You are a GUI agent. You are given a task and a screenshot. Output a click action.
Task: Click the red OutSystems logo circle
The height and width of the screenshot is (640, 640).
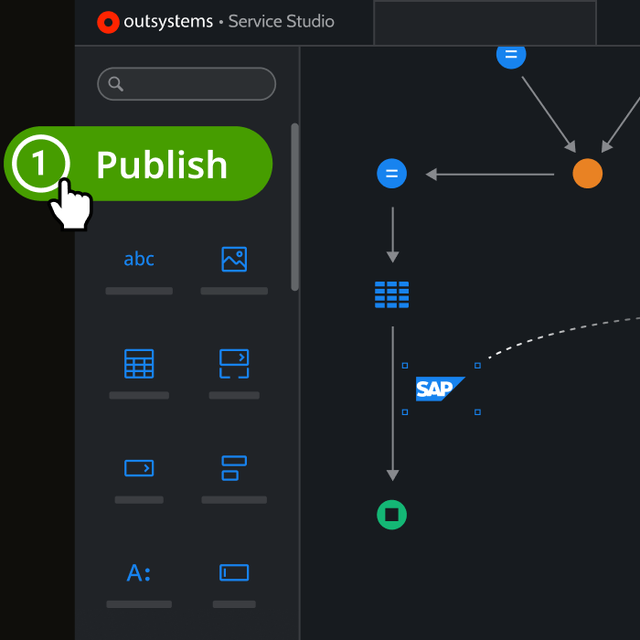[108, 22]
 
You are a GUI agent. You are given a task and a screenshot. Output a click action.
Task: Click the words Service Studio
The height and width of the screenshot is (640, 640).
[282, 21]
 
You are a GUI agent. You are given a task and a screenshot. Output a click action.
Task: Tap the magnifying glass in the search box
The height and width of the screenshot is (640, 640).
[115, 84]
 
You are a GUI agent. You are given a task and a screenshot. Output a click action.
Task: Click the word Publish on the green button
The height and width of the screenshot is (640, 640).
[162, 165]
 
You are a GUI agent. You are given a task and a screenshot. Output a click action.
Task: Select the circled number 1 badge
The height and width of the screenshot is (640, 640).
[40, 164]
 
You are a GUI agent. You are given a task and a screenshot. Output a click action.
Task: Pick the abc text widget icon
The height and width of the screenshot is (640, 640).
[139, 259]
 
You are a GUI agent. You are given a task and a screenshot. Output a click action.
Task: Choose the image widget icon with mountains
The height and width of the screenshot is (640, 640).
[234, 259]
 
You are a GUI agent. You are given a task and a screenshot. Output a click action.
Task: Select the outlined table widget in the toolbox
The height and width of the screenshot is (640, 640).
[139, 364]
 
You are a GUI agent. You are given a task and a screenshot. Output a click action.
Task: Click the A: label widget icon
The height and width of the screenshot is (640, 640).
[139, 573]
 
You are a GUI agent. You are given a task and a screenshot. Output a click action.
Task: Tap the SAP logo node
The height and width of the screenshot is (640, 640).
[440, 389]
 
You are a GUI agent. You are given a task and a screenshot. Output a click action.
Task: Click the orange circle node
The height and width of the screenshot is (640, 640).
[587, 174]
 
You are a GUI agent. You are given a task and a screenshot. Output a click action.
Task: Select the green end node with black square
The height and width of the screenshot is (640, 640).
[392, 515]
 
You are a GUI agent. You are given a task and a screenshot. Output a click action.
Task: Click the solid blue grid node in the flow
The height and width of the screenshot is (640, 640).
[392, 294]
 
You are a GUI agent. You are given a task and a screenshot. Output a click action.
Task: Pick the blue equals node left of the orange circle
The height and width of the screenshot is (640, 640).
[392, 174]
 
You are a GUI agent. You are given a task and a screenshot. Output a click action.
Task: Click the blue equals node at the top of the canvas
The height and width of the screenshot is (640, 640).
[511, 55]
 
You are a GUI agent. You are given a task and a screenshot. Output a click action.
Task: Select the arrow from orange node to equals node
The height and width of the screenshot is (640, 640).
[490, 175]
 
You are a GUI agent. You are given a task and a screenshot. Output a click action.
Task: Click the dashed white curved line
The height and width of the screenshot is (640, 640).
[563, 331]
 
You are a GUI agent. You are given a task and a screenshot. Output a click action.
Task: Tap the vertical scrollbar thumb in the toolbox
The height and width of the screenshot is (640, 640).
[294, 207]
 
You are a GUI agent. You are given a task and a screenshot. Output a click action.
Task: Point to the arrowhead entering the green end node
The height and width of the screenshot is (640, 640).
[392, 475]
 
